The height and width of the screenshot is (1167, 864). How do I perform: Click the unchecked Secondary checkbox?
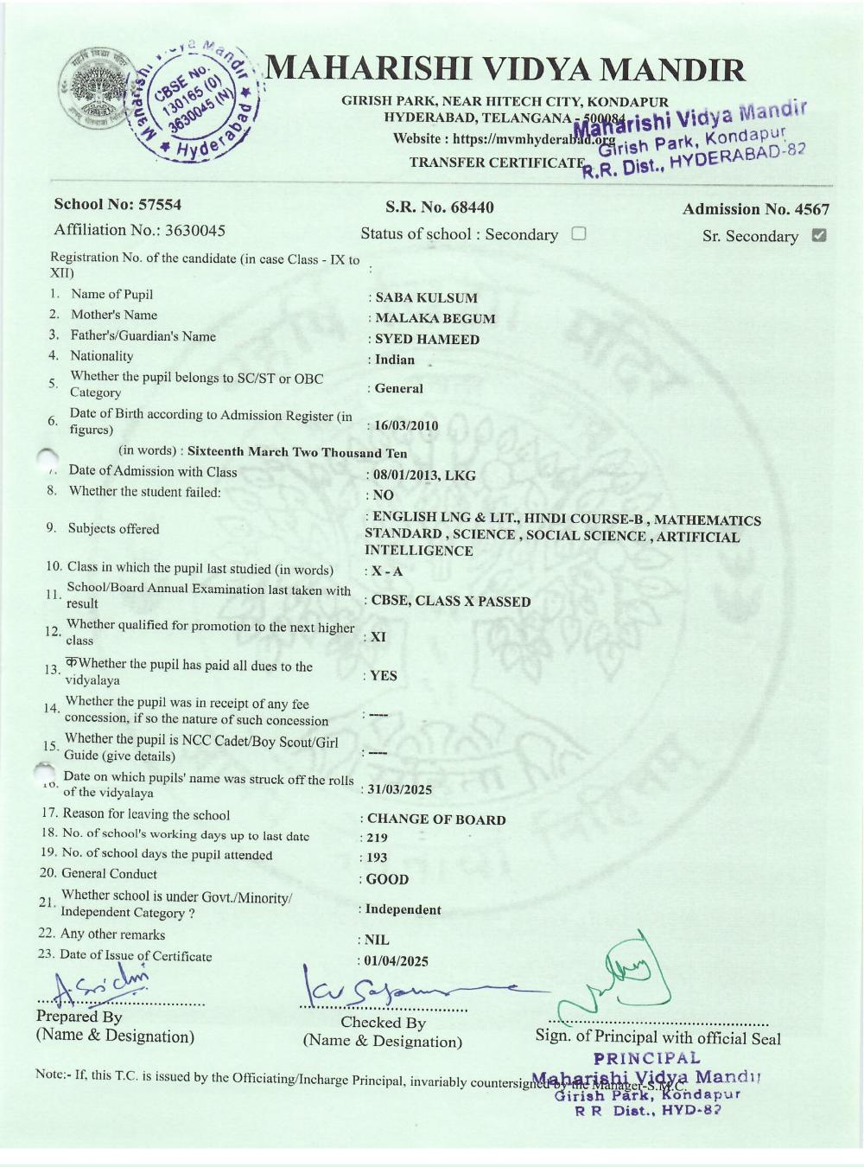(579, 233)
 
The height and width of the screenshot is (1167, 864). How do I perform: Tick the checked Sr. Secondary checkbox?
(819, 235)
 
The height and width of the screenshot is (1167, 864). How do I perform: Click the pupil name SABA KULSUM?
(426, 297)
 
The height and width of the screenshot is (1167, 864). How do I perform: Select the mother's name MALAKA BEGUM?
(435, 318)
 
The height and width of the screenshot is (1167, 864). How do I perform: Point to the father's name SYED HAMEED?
(427, 339)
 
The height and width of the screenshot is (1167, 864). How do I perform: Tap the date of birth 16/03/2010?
(406, 425)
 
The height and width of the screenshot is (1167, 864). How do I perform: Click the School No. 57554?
(118, 205)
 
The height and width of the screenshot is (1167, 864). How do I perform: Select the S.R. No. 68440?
(439, 207)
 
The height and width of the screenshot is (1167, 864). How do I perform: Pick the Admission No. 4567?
(755, 209)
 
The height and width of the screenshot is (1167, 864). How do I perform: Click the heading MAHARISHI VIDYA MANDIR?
(505, 70)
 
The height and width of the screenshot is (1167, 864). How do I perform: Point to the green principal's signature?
(618, 977)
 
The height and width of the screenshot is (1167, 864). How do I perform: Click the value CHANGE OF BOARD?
(436, 819)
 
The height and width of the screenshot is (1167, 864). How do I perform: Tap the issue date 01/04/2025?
(397, 960)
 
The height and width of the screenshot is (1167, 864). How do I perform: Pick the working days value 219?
(378, 838)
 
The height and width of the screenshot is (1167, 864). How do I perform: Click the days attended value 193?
(378, 858)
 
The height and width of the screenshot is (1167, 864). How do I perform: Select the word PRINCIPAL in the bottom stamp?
(647, 1058)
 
